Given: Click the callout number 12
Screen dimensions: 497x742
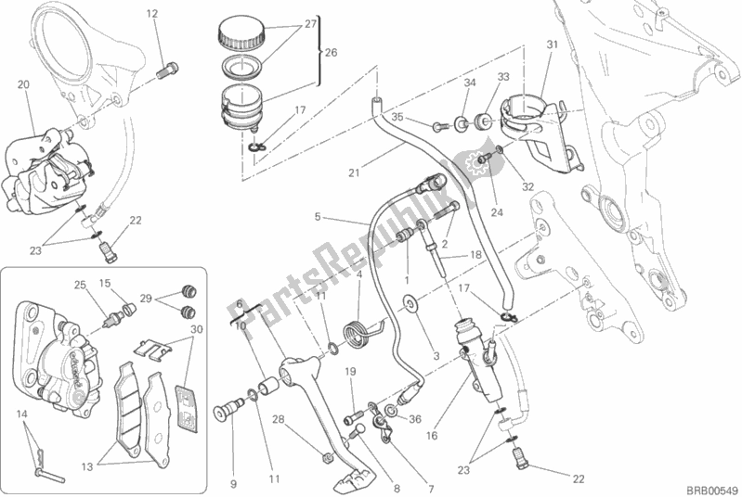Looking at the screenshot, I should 151,13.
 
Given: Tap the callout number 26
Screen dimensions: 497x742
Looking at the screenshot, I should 332,53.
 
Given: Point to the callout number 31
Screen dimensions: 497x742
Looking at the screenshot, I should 552,45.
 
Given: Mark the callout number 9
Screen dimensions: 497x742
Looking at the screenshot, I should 233,456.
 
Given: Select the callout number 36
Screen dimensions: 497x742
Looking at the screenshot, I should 415,419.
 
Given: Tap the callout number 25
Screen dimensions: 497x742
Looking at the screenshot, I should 80,284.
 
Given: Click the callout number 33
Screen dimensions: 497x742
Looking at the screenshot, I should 503,78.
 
